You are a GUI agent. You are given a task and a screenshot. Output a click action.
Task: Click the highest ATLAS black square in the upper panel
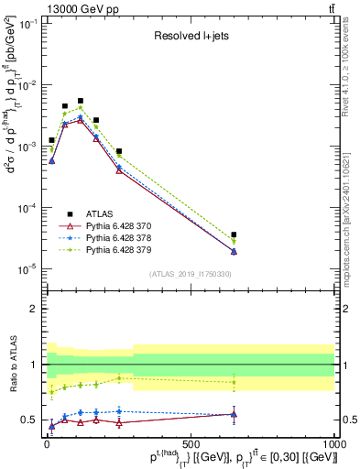click(x=80, y=101)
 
